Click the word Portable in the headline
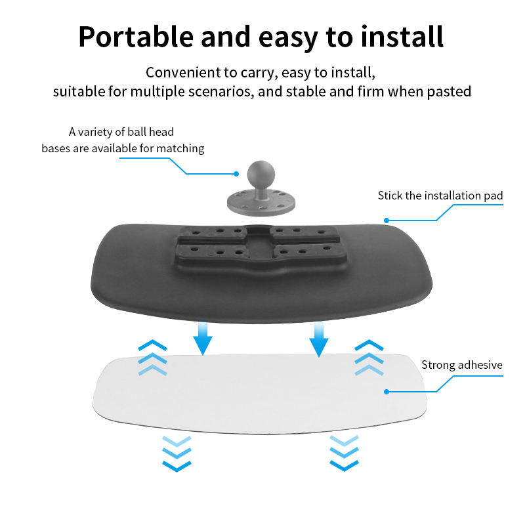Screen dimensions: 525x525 (x=136, y=37)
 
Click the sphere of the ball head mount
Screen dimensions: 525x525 (x=261, y=174)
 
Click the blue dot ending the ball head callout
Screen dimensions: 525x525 (x=236, y=174)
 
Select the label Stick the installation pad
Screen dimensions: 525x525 (x=440, y=196)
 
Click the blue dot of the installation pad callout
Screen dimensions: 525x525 (x=387, y=220)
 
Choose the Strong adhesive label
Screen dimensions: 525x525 (x=462, y=365)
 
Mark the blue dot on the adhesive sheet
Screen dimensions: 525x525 (x=387, y=391)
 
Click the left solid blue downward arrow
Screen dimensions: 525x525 (x=203, y=338)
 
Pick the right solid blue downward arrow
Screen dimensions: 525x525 (x=319, y=339)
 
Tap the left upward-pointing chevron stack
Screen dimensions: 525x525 (x=152, y=358)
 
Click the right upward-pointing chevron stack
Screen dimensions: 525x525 (x=369, y=358)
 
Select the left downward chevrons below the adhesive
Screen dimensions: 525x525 (x=177, y=453)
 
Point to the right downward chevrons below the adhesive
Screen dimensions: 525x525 (x=344, y=453)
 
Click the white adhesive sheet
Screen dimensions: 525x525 (x=260, y=394)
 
